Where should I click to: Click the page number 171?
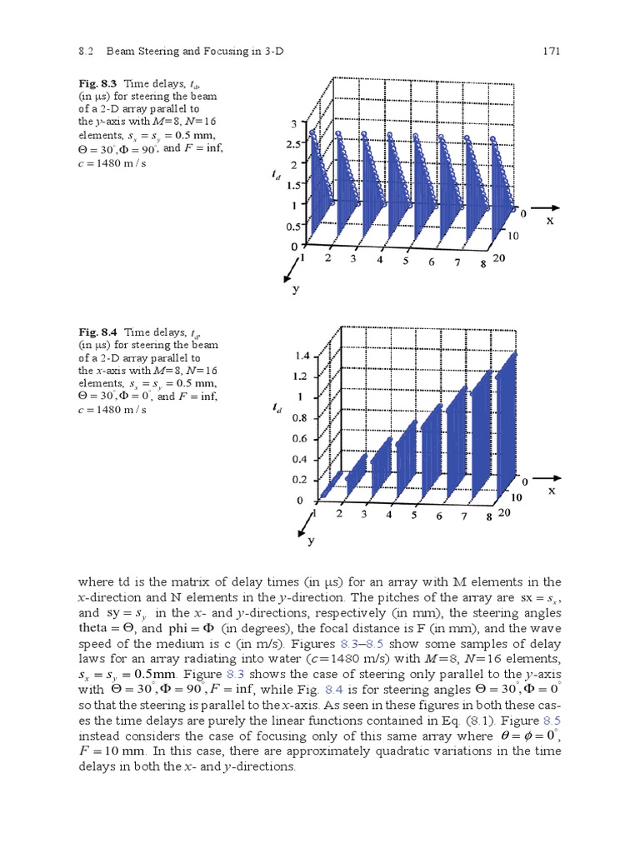(549, 51)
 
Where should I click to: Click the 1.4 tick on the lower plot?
(301, 356)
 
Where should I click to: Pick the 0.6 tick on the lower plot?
(301, 438)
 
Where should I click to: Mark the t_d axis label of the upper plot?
(276, 175)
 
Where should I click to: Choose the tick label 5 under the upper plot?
(406, 261)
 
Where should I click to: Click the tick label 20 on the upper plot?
(498, 259)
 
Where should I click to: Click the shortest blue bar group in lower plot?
(330, 488)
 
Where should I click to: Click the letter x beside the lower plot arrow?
(551, 491)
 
